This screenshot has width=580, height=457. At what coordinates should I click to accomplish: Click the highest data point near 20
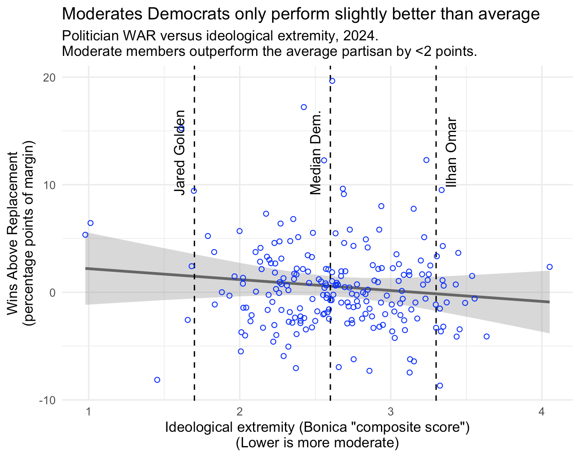(x=332, y=81)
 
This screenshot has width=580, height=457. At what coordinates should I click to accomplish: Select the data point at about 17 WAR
(x=304, y=107)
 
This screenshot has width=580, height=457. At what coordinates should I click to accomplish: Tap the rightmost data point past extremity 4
(x=549, y=267)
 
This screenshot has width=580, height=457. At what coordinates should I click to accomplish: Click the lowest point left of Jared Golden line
(x=157, y=380)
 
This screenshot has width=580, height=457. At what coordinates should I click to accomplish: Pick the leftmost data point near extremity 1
(x=85, y=235)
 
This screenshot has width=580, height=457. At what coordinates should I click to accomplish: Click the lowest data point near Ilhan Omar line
(x=440, y=386)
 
